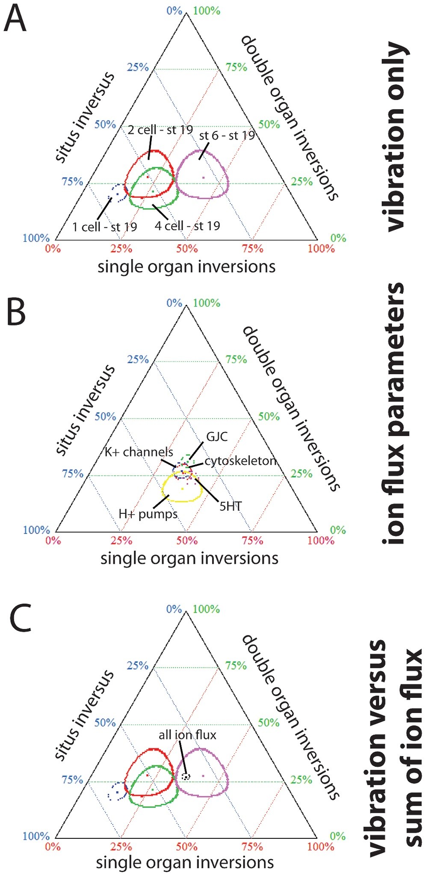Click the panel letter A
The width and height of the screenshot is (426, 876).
[x=15, y=19]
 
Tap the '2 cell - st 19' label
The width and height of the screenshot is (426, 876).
[x=160, y=129]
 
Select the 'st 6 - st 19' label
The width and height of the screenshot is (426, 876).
[x=227, y=136]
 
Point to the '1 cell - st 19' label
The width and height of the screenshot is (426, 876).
[x=104, y=226]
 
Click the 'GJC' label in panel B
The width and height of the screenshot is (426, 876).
[x=217, y=437]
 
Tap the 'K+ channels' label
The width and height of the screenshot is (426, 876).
[x=139, y=452]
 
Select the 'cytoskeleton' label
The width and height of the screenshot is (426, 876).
[x=240, y=461]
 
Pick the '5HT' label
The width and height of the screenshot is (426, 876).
[x=231, y=507]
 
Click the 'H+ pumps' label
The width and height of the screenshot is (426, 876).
[x=148, y=513]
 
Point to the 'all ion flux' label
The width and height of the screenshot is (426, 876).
[x=187, y=735]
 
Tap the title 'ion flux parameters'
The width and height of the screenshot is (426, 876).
[x=392, y=413]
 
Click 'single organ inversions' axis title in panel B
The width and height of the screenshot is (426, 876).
[x=189, y=558]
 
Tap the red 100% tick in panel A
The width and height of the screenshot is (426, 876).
[x=321, y=249]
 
